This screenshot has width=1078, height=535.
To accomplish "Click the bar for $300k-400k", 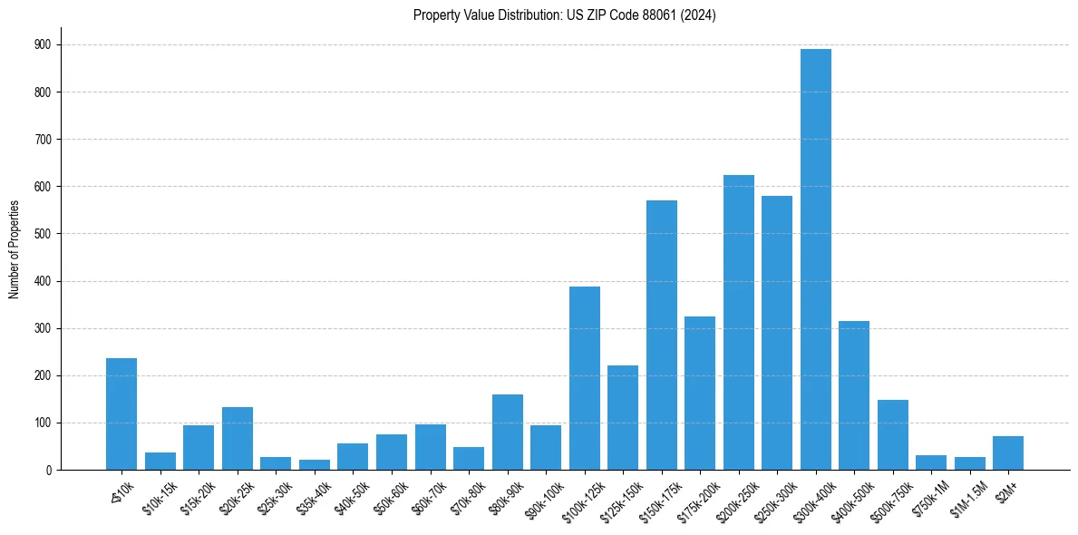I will click(x=816, y=259).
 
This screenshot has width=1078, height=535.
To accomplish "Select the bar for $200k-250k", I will click(x=739, y=323).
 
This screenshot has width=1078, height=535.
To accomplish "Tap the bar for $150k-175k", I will click(x=662, y=336).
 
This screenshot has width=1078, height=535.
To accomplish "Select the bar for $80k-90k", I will click(x=508, y=433).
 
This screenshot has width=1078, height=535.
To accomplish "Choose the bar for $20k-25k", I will click(x=238, y=439).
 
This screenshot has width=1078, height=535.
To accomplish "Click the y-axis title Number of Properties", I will click(x=14, y=249).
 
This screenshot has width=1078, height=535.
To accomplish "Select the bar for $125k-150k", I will click(x=623, y=418).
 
